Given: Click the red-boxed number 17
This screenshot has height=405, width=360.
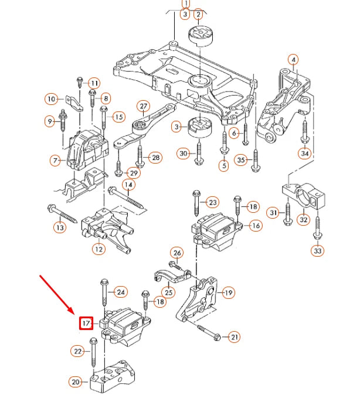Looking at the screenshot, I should [86, 323].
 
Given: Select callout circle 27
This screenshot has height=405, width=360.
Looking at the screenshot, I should [144, 107].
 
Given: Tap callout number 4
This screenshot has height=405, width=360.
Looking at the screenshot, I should [293, 59].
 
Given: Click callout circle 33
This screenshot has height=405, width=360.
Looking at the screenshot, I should [317, 251].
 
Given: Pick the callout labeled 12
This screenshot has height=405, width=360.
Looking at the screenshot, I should [99, 249].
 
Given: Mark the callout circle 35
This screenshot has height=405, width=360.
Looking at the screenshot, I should [240, 160].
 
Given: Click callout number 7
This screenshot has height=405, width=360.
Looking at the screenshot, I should [56, 160].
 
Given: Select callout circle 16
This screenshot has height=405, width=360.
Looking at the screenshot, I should [256, 226].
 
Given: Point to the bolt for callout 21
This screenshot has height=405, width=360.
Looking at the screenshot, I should [208, 333].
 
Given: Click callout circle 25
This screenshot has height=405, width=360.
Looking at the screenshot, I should [168, 292].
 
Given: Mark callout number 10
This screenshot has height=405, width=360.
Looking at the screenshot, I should [52, 99].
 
